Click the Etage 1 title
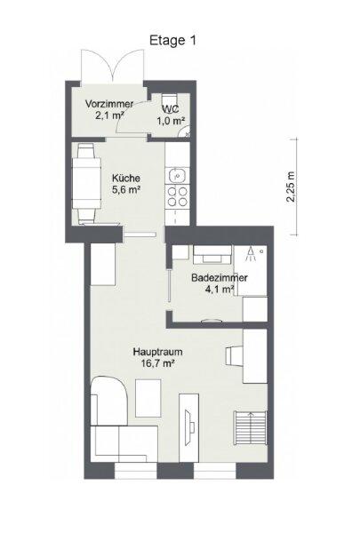172,41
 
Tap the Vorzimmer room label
109,104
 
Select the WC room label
172,109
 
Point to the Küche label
126,178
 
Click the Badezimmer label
220,278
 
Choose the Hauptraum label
158,352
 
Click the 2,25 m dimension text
291,186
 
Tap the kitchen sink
177,175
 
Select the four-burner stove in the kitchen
177,197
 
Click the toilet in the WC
169,101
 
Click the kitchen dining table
86,183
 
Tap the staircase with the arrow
251,428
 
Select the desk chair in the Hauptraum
235,356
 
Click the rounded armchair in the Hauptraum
108,401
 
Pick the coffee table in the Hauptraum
148,398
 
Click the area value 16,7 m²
158,363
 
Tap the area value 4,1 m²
220,290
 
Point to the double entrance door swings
112,65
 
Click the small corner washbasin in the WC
186,131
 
